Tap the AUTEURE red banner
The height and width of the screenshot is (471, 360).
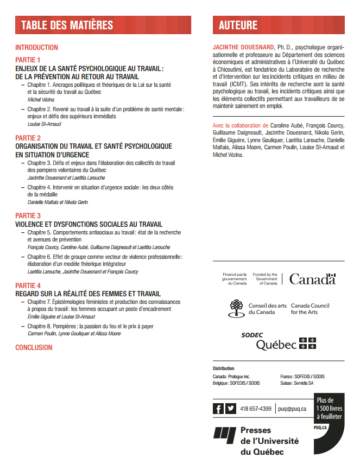tap(279, 25)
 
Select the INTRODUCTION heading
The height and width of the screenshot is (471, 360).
tap(36, 48)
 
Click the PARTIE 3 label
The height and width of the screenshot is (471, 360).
tap(28, 215)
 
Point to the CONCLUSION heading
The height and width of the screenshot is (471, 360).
tap(34, 347)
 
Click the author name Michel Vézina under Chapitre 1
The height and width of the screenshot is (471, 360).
tap(40, 99)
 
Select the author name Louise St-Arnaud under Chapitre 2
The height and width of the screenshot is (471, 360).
tap(43, 124)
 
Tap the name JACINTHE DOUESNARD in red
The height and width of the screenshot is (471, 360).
tap(243, 48)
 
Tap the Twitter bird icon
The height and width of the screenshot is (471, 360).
tap(231, 409)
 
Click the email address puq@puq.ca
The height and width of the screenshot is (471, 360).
tap(293, 409)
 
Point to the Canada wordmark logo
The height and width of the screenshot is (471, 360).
tap(312, 279)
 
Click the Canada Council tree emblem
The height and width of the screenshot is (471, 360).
tap(236, 308)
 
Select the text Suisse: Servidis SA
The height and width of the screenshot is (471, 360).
tap(296, 383)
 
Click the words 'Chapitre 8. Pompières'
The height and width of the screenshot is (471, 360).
tap(53, 326)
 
